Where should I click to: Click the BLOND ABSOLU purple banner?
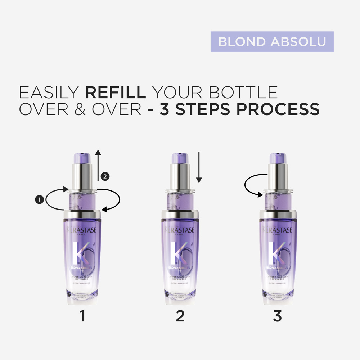[x=272, y=42]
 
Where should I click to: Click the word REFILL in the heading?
[x=115, y=93]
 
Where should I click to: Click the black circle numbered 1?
[x=40, y=199]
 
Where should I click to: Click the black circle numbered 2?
[x=105, y=176]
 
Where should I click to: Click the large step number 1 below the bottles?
[x=82, y=316]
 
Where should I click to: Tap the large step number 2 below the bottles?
[x=180, y=316]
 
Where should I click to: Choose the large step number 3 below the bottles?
[x=277, y=316]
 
